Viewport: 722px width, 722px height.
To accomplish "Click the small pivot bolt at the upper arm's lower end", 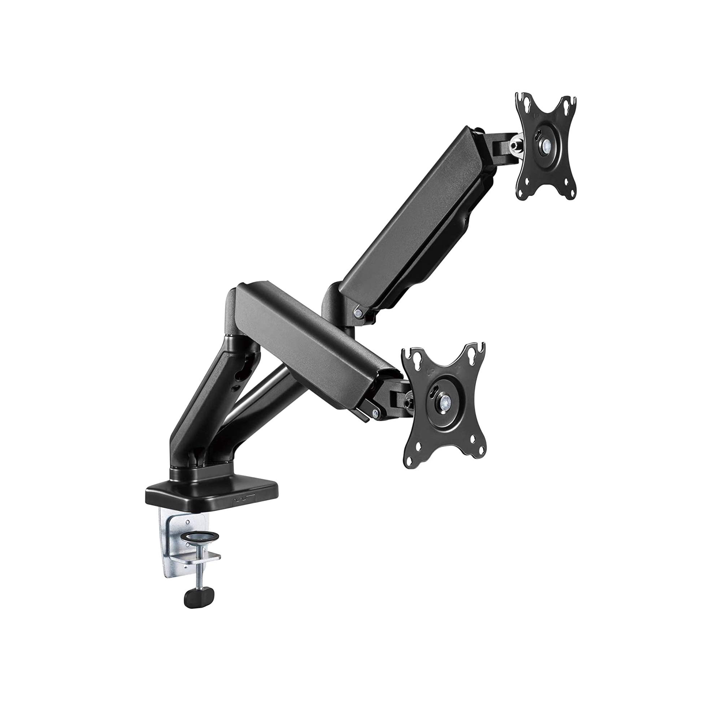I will click(x=359, y=300).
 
